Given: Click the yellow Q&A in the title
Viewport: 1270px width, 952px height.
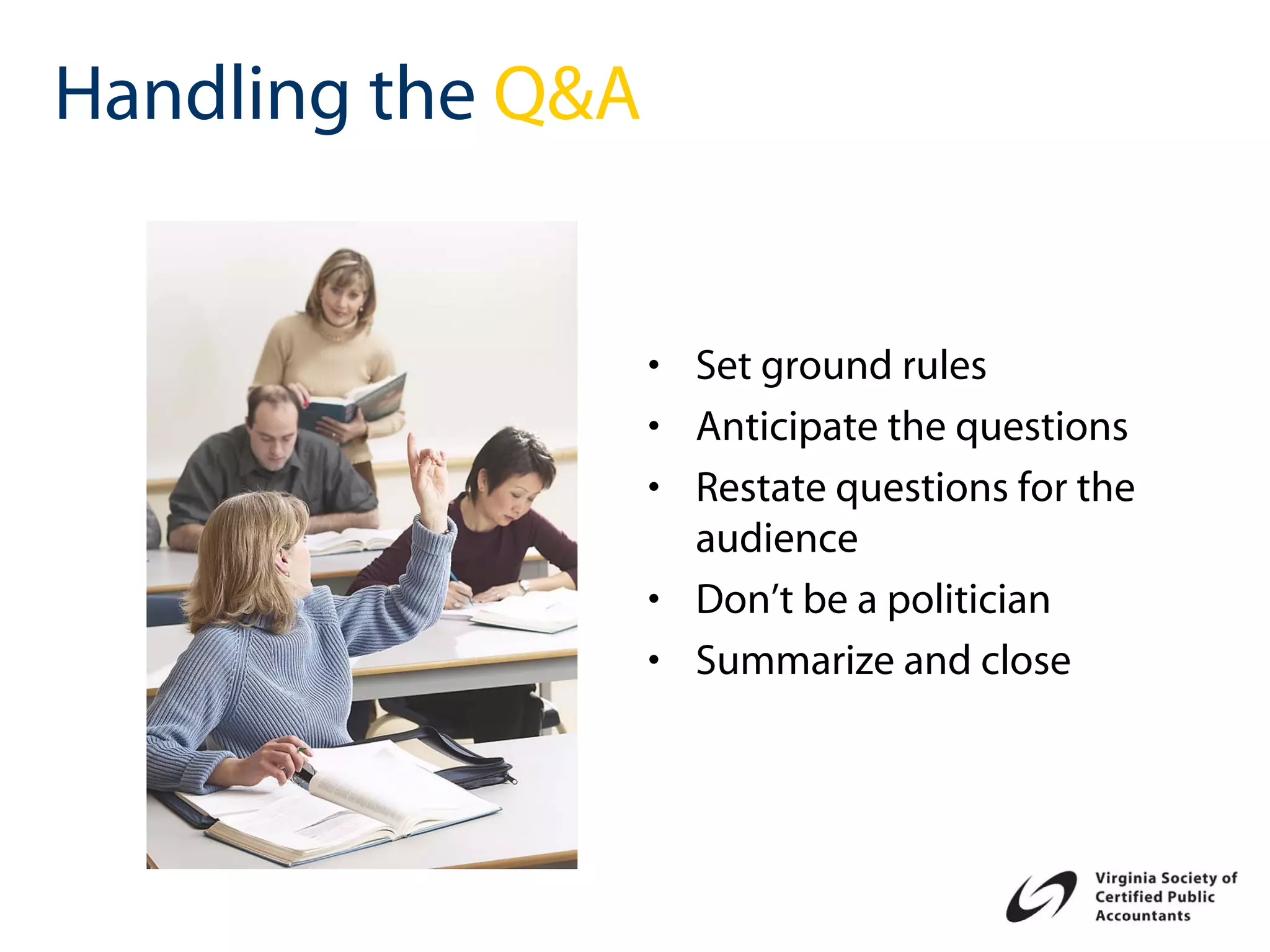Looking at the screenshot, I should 566,94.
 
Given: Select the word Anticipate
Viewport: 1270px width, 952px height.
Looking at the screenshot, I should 786,428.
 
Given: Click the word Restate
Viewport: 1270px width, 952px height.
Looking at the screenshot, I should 760,488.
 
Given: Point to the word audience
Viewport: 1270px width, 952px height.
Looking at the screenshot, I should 776,539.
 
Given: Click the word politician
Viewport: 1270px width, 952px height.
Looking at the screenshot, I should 968,601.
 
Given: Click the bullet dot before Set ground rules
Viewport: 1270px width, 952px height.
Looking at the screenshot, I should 653,366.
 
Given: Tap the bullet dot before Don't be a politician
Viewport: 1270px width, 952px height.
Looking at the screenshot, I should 653,599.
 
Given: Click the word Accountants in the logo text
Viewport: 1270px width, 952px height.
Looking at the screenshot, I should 1142,916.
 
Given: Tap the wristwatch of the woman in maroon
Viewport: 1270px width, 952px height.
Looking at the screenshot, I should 524,585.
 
